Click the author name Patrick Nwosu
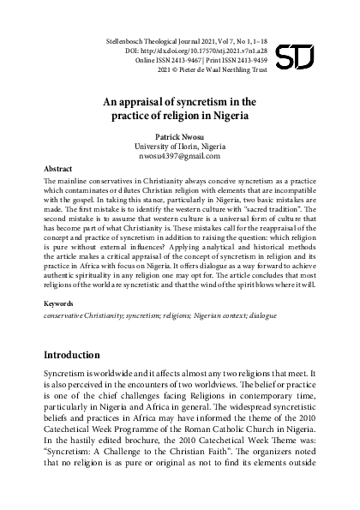point(180,135)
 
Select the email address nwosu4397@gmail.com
point(180,156)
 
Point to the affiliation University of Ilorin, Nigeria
point(180,146)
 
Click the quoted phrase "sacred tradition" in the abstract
point(272,209)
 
